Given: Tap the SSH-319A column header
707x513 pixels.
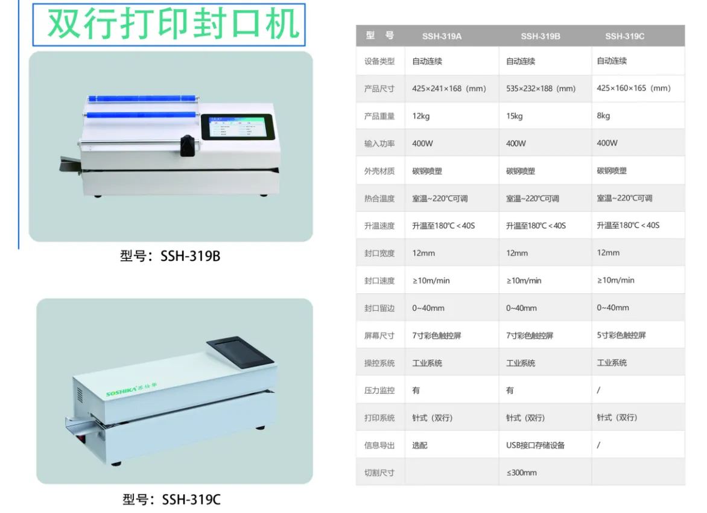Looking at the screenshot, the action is [x=442, y=36].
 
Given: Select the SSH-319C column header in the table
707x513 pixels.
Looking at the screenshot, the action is [x=624, y=36].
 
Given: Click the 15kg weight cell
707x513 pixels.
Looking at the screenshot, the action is [x=515, y=116].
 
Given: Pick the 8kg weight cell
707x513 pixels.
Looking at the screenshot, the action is [x=603, y=115].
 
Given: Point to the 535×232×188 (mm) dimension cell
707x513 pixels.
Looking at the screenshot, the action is [x=541, y=89].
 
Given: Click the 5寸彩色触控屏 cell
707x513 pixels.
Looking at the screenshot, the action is [x=621, y=335].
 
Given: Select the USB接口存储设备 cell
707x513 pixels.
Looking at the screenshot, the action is [x=535, y=445].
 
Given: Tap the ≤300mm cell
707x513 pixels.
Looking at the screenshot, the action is [x=522, y=473].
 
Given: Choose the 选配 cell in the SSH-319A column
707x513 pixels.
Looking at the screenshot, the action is [x=420, y=445].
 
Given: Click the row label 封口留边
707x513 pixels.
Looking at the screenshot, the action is [x=379, y=308].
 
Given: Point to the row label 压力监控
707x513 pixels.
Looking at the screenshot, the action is [x=379, y=390].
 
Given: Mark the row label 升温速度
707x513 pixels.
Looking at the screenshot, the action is [x=379, y=226].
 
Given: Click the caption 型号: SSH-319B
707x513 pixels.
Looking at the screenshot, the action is [x=170, y=256].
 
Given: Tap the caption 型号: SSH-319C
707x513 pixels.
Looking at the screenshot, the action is [x=172, y=500].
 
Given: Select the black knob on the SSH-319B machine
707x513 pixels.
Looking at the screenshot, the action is [x=187, y=145].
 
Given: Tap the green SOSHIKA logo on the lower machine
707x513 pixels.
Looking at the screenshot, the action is [x=132, y=390].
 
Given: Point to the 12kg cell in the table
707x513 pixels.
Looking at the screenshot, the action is [x=420, y=116].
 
